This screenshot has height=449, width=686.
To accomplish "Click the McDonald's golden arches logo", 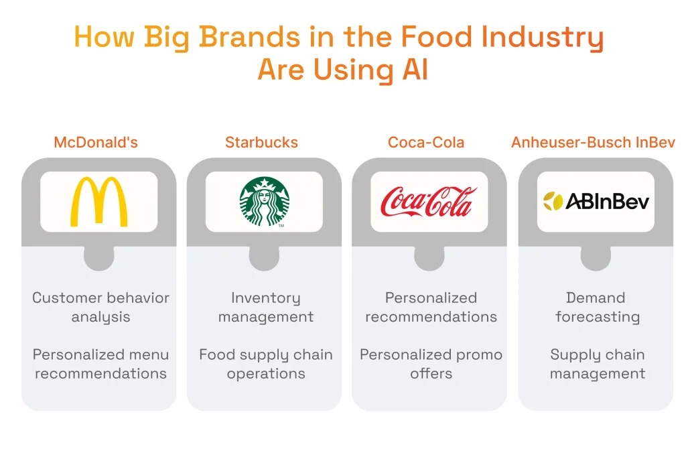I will coord(99,202).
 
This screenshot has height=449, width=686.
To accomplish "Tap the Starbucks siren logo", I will coord(264,202).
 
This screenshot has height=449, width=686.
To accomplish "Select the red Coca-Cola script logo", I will coord(429,202).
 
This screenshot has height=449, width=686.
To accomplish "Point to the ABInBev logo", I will coord(596,201).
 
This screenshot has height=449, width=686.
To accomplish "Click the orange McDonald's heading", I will coord(100,143).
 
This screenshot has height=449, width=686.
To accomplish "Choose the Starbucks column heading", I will coord(261,143).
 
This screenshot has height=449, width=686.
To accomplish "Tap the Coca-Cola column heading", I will coord(426,143).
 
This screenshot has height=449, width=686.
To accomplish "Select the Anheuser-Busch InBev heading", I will coord(594,143).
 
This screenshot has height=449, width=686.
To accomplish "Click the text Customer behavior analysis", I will coord(100,307).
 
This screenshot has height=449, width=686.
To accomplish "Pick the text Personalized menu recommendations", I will coord(100,364).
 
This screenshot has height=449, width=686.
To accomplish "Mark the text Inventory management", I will coord(265,307).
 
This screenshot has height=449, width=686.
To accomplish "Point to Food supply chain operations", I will coord(265,364).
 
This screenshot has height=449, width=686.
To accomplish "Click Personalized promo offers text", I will coord(431,364).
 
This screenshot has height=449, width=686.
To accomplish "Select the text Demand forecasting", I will coord(596,307).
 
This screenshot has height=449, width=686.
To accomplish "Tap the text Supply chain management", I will coord(597,364).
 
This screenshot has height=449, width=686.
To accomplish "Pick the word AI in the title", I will coord(415,70).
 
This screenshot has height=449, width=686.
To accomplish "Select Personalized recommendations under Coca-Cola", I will coord(431,307).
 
